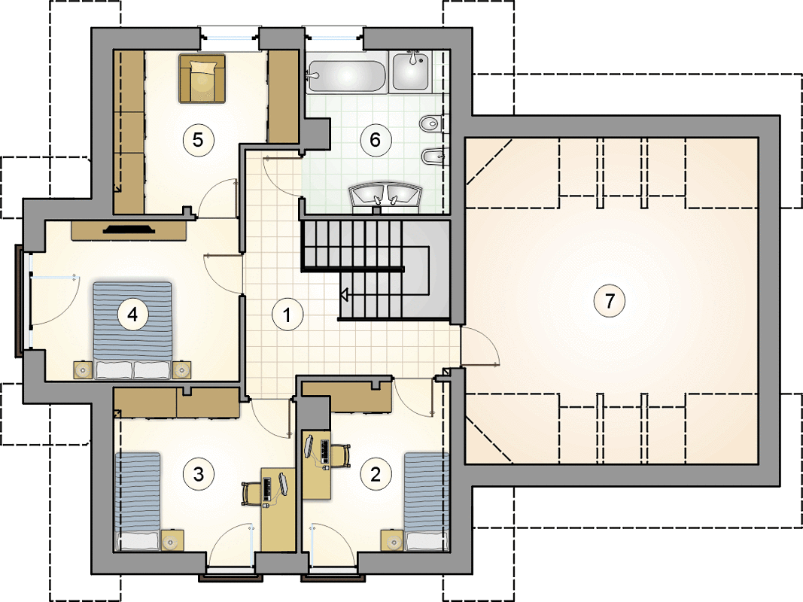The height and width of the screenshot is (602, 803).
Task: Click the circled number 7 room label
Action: click(610, 300)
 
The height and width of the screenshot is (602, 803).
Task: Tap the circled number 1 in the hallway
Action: click(287, 315)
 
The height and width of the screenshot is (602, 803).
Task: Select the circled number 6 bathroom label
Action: click(376, 139)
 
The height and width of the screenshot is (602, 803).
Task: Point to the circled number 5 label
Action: click(198, 139)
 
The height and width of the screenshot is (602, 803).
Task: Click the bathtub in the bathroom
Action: click(346, 77)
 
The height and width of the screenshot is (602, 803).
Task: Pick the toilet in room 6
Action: click(431, 123)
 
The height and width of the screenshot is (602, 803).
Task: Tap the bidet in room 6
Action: click(433, 156)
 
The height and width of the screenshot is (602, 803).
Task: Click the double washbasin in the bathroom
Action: click(385, 196)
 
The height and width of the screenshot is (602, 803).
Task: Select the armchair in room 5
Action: click(202, 78)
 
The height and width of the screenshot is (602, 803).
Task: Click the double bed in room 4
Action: click(132, 330)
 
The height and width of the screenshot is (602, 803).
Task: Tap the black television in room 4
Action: click(129, 229)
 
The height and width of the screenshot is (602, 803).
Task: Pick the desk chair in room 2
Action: click(340, 455)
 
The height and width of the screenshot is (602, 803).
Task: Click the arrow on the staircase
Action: click(345, 295)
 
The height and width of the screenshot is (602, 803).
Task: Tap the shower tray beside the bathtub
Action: click(411, 71)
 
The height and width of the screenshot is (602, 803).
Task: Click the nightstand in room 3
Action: click(172, 540)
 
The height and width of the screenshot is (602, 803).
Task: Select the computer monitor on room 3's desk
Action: click(283, 484)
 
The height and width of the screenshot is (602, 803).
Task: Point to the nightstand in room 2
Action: click(392, 540)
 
